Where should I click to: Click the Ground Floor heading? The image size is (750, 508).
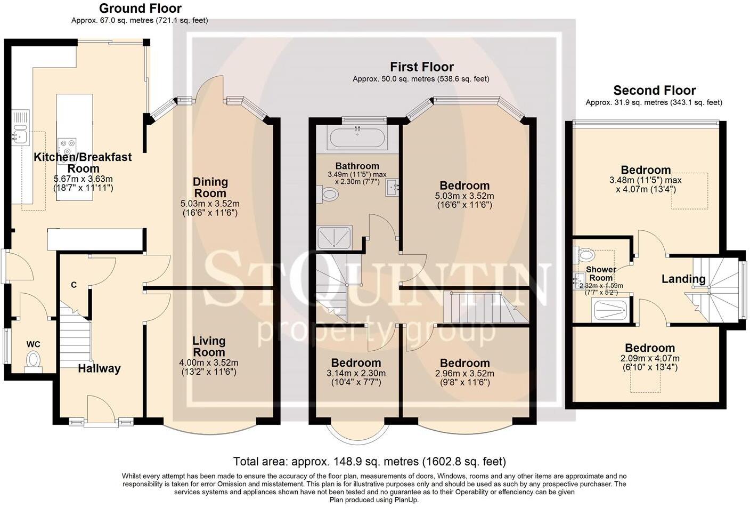pyautogui.click(x=140, y=9)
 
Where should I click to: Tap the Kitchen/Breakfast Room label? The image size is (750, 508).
pyautogui.click(x=83, y=162)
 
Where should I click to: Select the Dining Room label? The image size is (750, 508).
pyautogui.click(x=210, y=188)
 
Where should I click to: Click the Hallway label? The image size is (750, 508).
pyautogui.click(x=99, y=368)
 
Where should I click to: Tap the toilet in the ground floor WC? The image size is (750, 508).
pyautogui.click(x=34, y=359)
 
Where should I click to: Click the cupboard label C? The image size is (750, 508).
pyautogui.click(x=74, y=285)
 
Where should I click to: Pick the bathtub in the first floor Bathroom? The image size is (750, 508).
pyautogui.click(x=356, y=138)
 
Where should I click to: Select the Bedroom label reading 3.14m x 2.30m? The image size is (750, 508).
pyautogui.click(x=356, y=368)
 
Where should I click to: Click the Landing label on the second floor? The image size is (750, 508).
pyautogui.click(x=683, y=279)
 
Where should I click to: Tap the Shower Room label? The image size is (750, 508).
pyautogui.click(x=601, y=273)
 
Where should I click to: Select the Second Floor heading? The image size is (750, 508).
pyautogui.click(x=654, y=90)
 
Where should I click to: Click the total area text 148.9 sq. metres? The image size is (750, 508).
pyautogui.click(x=370, y=462)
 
